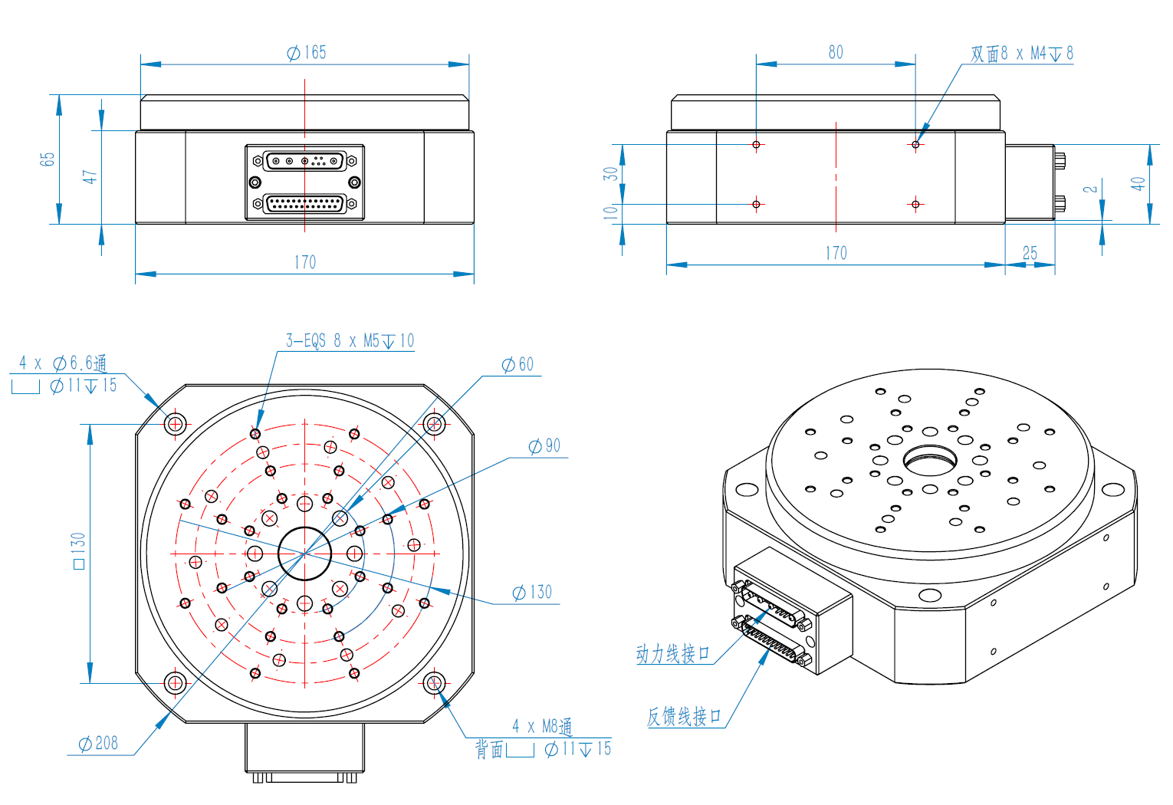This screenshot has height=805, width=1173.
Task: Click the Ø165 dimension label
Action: pyautogui.click(x=307, y=52)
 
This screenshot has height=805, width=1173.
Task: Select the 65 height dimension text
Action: pyautogui.click(x=48, y=159)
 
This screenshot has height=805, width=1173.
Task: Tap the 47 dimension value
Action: pyautogui.click(x=90, y=176)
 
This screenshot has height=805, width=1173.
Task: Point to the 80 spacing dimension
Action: pyautogui.click(x=836, y=52)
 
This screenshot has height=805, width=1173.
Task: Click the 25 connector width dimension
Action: pyautogui.click(x=1030, y=252)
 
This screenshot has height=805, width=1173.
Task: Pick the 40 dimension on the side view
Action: pyautogui.click(x=1138, y=184)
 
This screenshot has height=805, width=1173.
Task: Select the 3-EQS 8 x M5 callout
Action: pyautogui.click(x=350, y=340)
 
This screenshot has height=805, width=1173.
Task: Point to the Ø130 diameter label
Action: pyautogui.click(x=532, y=592)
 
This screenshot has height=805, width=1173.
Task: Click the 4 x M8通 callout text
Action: pyautogui.click(x=542, y=726)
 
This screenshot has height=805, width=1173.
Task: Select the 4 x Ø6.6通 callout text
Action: pyautogui.click(x=63, y=363)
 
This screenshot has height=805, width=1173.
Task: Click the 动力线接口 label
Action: pyautogui.click(x=672, y=654)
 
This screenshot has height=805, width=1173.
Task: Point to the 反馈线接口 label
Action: pyautogui.click(x=684, y=717)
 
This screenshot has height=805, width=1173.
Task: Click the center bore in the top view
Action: pyautogui.click(x=304, y=553)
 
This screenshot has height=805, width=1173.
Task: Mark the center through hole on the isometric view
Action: pyautogui.click(x=930, y=461)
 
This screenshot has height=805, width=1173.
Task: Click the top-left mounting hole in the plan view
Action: pyautogui.click(x=176, y=423)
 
